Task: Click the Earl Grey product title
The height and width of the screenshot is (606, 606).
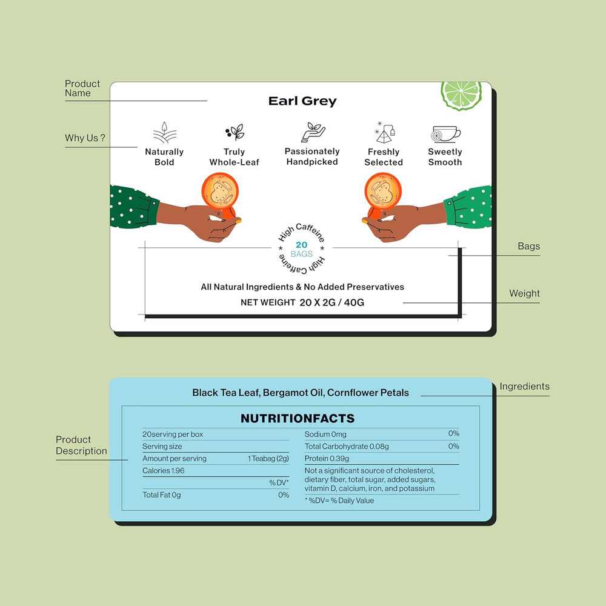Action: (302, 101)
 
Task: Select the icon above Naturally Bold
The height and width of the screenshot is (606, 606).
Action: (165, 132)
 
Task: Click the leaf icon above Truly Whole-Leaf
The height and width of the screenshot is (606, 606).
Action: (235, 132)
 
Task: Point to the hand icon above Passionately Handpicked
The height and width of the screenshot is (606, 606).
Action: (313, 132)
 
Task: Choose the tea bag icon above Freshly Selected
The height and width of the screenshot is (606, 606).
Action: (385, 132)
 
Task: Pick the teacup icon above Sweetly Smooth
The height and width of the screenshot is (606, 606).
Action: (445, 134)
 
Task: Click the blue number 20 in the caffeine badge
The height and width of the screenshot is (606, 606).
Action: (301, 245)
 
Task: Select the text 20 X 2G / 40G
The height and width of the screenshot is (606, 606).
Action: (331, 302)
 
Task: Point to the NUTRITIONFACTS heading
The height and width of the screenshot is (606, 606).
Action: (298, 418)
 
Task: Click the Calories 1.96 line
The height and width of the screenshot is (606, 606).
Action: (164, 471)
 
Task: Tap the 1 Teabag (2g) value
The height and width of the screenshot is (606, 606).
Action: (268, 459)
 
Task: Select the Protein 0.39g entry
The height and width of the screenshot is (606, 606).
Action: (327, 459)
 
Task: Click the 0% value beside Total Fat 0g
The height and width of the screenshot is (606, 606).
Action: (284, 495)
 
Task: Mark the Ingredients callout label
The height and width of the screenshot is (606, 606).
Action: (524, 387)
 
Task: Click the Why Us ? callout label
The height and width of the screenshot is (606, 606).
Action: (85, 138)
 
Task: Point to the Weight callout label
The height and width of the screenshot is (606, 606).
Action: (524, 293)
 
